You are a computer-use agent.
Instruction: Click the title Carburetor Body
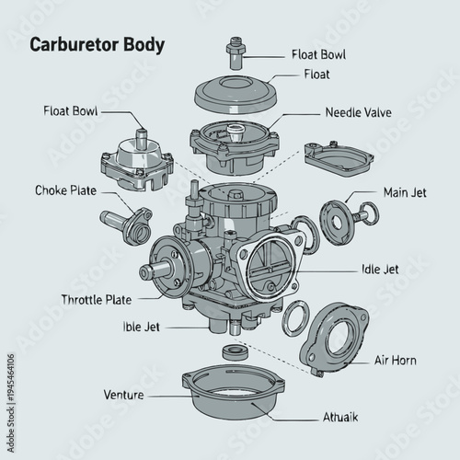pos(98,45)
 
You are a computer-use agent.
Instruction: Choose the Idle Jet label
pos(380,270)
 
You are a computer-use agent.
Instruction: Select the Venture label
pos(124,395)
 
